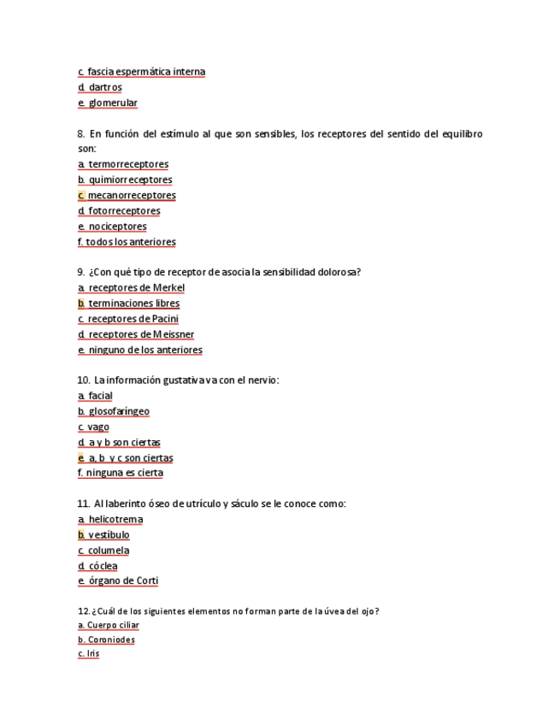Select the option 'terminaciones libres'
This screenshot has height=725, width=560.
click(133, 303)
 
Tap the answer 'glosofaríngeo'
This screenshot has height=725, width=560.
click(118, 411)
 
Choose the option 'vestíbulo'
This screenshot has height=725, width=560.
click(109, 535)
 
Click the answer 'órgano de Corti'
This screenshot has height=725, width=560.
click(123, 581)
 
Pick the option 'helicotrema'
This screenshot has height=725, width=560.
click(115, 520)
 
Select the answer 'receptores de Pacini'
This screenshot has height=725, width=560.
click(133, 319)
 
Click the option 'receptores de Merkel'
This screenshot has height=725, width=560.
click(136, 287)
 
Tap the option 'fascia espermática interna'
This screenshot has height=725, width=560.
click(145, 72)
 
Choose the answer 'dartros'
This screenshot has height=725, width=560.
click(104, 87)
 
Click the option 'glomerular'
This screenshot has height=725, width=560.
click(112, 103)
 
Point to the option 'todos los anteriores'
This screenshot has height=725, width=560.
click(130, 242)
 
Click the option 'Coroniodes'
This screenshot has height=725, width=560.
click(110, 640)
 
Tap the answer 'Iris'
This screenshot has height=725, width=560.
click(92, 654)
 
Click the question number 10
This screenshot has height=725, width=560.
click(83, 380)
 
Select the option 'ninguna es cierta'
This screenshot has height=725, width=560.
click(124, 473)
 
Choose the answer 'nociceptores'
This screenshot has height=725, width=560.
click(117, 227)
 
